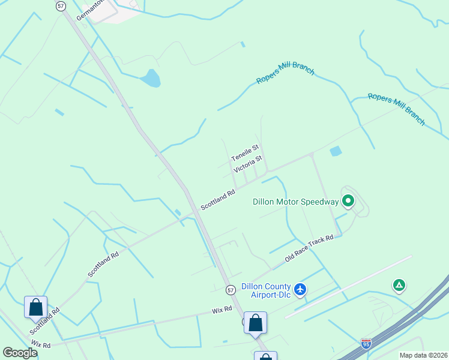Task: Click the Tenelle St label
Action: point(245,152)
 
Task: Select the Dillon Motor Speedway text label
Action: point(295,202)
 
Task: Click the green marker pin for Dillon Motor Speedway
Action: point(348,201)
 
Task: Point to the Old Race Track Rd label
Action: point(309,248)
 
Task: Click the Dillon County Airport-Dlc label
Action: point(266,290)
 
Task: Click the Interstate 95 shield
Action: point(366,343)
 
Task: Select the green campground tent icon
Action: point(399,286)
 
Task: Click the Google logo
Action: point(20,353)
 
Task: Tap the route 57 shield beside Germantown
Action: point(61,5)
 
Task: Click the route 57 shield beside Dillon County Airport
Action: point(231,290)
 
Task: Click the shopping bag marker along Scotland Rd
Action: point(35,307)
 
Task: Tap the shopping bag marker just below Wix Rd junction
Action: point(256,322)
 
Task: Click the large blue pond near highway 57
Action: point(151,78)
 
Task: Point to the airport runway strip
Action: point(348,287)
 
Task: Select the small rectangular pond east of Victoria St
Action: point(336,151)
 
